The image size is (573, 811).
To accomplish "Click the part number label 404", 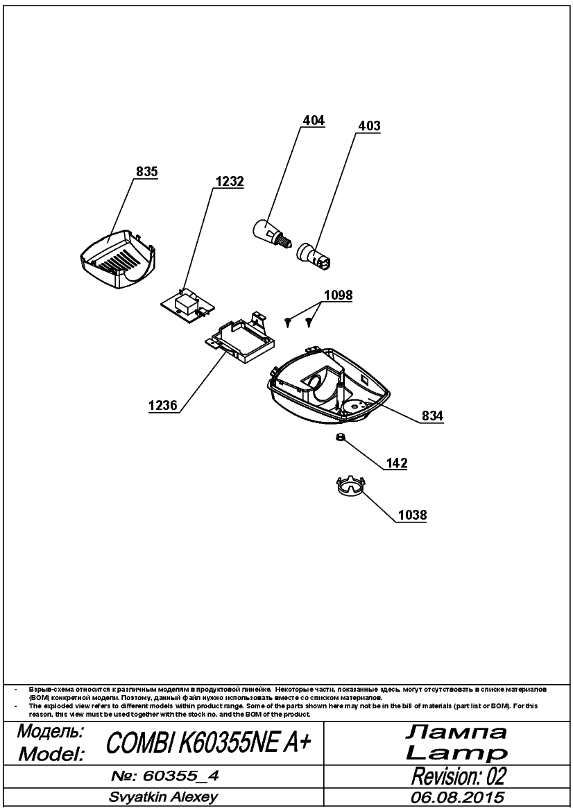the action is pos(314,121).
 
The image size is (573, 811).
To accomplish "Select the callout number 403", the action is pos(369,126).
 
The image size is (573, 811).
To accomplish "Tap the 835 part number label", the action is pos(146,172).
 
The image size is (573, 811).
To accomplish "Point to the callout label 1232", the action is pos(230,182).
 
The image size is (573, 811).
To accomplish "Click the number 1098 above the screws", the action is pos(339,296).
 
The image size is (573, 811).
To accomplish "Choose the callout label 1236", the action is pos(163,405).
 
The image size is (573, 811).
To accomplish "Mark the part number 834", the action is pos(432,416).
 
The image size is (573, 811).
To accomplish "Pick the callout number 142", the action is pos(397,463).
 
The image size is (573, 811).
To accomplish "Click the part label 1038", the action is pos(413,515).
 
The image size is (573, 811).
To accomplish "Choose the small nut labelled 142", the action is pos(340,438).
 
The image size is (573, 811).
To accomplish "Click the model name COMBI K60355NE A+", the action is pos(208,743).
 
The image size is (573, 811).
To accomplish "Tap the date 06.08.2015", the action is pos(457,797).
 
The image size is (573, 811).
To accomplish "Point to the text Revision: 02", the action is pos(459,776).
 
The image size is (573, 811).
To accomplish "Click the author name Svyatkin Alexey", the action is pos(164,797).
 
